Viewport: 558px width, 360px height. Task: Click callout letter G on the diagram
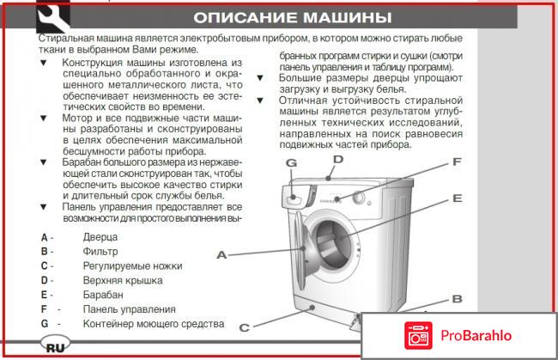click(x=291, y=163)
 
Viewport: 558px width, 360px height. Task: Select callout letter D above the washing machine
click(x=338, y=159)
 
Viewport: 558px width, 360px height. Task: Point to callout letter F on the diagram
click(x=458, y=162)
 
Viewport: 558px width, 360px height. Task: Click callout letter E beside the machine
click(x=458, y=198)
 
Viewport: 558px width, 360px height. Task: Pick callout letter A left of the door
click(x=221, y=255)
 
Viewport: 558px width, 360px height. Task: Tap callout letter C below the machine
click(x=244, y=326)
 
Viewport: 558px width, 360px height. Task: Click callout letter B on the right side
click(x=458, y=299)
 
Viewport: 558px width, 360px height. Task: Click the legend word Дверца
click(x=101, y=236)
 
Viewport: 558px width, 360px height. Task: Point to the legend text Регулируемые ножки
click(x=132, y=265)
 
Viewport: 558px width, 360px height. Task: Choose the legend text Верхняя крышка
click(x=121, y=280)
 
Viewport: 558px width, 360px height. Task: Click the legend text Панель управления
click(x=129, y=309)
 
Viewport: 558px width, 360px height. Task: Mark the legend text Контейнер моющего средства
click(x=153, y=324)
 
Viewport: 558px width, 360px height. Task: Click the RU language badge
click(x=54, y=346)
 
